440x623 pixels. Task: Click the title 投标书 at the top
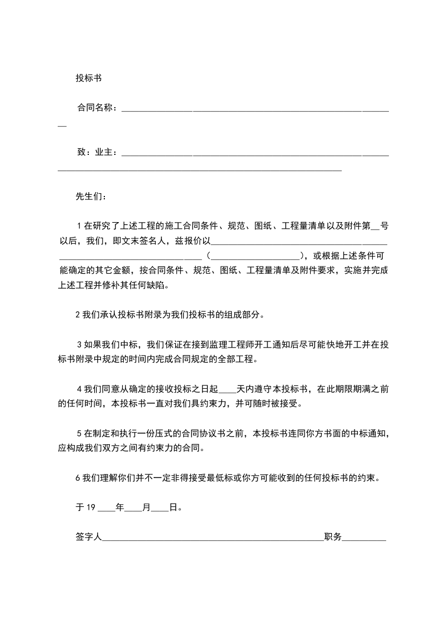pos(88,78)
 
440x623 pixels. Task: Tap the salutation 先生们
pos(89,197)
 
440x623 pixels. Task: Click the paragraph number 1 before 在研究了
pos(79,226)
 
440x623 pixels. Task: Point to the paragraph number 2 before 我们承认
pos(78,315)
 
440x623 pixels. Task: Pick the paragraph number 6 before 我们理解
pos(78,478)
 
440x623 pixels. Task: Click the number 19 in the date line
pos(93,507)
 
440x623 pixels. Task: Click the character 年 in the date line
pos(120,507)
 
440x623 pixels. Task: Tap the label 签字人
pos(88,537)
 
